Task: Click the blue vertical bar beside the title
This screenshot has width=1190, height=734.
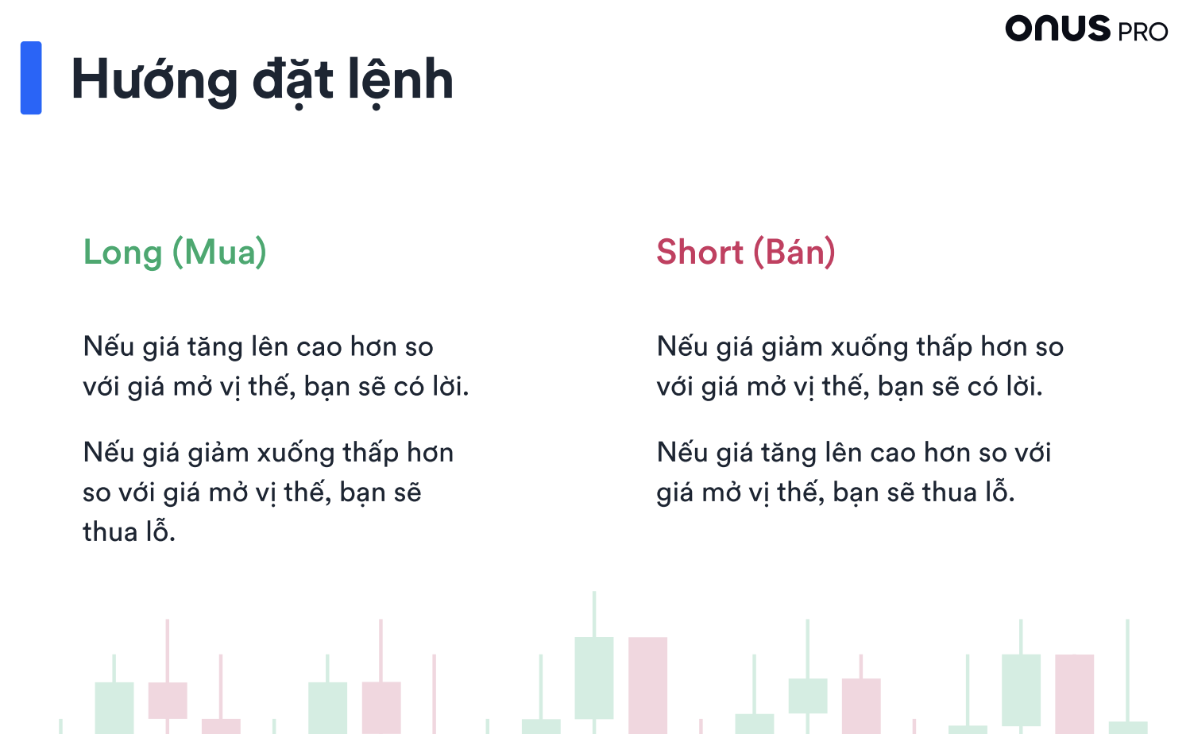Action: [x=31, y=78]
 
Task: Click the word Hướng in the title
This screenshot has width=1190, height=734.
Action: [x=155, y=79]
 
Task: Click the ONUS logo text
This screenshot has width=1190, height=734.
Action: [x=1057, y=28]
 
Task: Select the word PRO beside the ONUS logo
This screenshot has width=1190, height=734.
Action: [x=1142, y=32]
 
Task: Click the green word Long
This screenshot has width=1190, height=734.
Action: [x=122, y=253]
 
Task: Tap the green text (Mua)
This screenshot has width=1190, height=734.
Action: [x=219, y=252]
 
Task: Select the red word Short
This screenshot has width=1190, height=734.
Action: [x=700, y=252]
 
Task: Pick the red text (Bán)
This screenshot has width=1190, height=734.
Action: [x=794, y=252]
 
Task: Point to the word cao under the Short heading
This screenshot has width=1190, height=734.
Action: [x=893, y=453]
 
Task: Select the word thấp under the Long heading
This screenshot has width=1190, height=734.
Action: [x=370, y=453]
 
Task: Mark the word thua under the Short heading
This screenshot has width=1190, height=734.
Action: [x=949, y=492]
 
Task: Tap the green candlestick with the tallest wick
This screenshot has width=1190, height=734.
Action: [x=594, y=678]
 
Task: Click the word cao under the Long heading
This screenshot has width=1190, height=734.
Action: [x=319, y=347]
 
